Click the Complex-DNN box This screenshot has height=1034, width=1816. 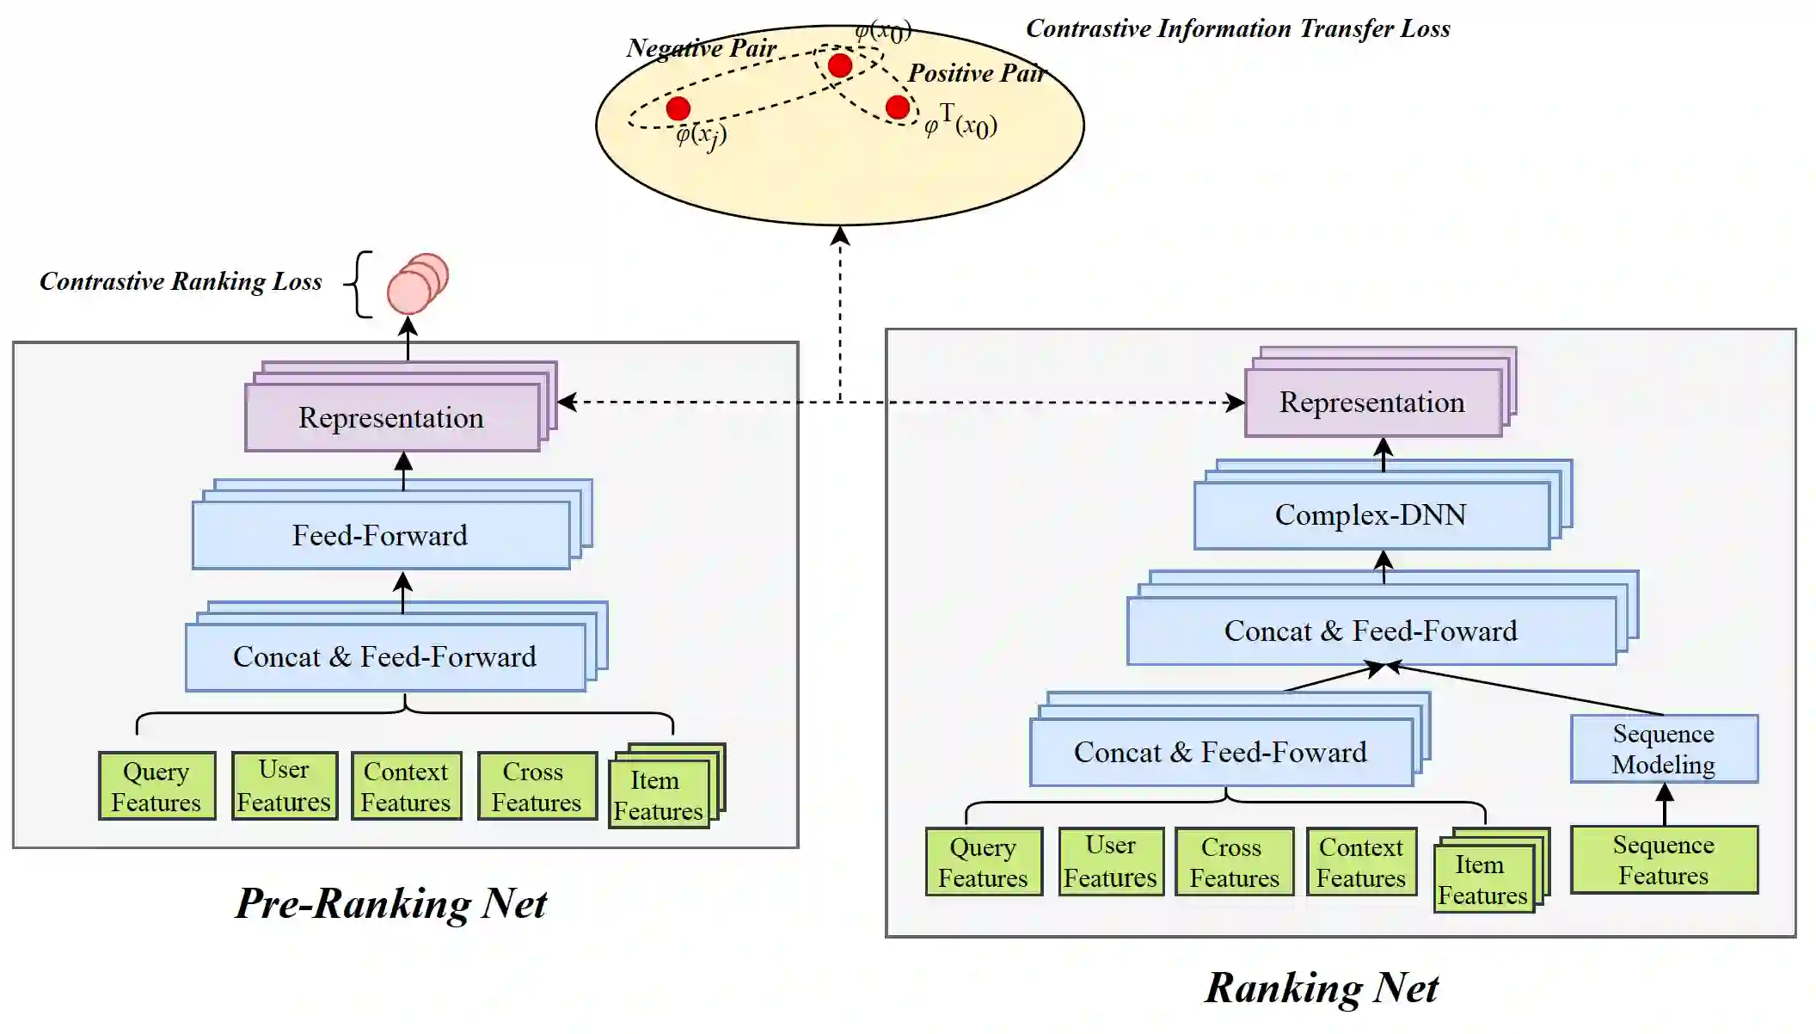[1371, 514]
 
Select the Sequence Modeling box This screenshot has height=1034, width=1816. [1663, 748]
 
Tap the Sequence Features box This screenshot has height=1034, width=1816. [1663, 859]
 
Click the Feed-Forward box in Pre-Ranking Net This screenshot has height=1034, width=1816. [380, 535]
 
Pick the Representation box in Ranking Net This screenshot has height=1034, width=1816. [1372, 403]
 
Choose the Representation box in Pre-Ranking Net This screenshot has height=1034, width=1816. [391, 417]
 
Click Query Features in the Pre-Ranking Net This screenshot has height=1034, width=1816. [156, 786]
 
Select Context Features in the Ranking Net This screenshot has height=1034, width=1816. [1360, 862]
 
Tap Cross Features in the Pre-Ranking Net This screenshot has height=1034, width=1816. [537, 786]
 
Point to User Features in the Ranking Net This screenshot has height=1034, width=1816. [1110, 862]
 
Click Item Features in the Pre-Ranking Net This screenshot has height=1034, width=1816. [659, 796]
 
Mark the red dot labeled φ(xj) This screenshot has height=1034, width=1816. [678, 108]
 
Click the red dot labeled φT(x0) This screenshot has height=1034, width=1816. [897, 107]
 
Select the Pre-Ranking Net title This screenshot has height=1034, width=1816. [391, 903]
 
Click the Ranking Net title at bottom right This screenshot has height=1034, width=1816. [1321, 988]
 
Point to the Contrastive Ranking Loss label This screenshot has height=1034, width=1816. [181, 281]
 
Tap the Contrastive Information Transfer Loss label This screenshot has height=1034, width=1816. [1237, 28]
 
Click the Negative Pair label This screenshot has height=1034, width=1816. [701, 48]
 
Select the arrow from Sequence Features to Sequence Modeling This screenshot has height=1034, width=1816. [1665, 804]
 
